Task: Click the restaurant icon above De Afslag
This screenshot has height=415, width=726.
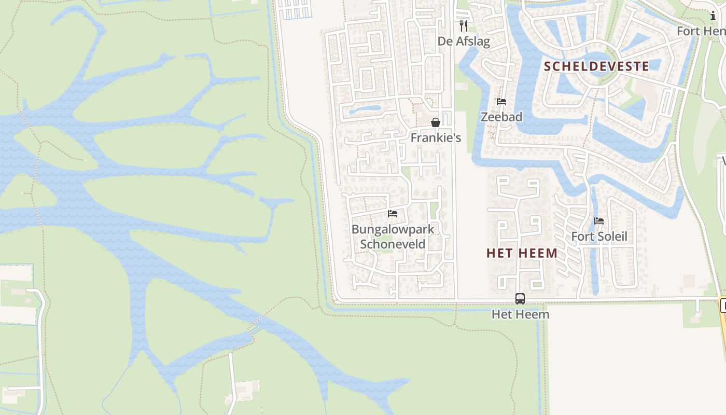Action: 464,25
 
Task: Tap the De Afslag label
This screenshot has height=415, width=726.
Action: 464,41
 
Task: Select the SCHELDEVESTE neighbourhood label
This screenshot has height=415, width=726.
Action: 596,66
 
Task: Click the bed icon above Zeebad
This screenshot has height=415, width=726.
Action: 501,102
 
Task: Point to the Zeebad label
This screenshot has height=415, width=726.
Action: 501,117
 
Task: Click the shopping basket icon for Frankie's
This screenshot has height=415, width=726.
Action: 436,122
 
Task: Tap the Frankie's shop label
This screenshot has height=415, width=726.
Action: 436,138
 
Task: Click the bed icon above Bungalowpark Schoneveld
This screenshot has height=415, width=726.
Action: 393,214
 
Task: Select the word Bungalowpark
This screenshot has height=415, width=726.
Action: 393,229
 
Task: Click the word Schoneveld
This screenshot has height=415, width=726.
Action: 393,244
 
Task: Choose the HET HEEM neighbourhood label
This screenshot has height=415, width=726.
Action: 522,253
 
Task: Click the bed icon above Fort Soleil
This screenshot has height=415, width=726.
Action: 599,221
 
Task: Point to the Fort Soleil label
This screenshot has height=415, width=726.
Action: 599,237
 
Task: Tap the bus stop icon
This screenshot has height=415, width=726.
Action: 520,299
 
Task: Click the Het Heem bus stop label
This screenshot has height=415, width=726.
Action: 520,314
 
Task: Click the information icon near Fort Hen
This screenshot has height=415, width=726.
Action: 713,16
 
